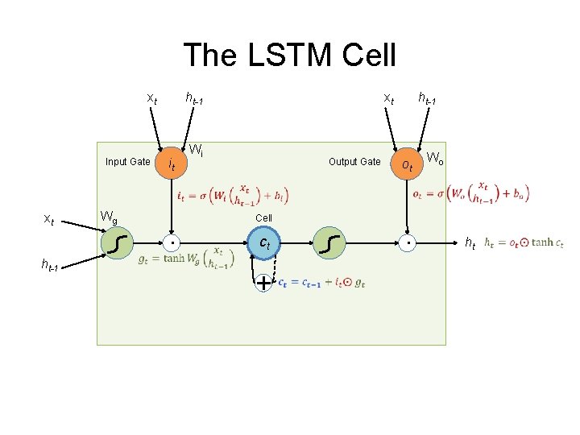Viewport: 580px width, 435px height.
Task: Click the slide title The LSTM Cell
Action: (x=290, y=56)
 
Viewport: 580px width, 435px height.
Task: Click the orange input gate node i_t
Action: (x=171, y=164)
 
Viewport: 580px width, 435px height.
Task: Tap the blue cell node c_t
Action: (x=264, y=242)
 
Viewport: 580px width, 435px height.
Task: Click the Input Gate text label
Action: (x=127, y=162)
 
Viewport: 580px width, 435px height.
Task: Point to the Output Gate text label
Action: (x=354, y=162)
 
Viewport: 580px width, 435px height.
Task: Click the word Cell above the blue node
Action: (x=263, y=218)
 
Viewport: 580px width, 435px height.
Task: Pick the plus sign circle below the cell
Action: (x=263, y=283)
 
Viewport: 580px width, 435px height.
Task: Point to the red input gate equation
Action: (x=232, y=193)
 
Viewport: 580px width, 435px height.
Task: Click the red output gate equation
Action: (x=470, y=193)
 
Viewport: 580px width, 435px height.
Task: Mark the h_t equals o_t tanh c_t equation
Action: (x=524, y=242)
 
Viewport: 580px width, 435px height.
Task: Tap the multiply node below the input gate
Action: (x=171, y=242)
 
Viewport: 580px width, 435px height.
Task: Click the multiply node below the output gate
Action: (x=408, y=242)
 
